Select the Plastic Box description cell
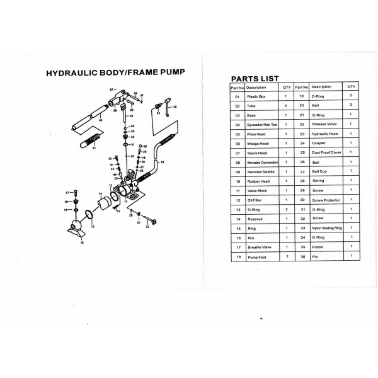[255, 97]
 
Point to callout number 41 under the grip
[94, 147]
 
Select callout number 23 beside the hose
[162, 163]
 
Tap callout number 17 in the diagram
[67, 192]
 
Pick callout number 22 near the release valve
[147, 227]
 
